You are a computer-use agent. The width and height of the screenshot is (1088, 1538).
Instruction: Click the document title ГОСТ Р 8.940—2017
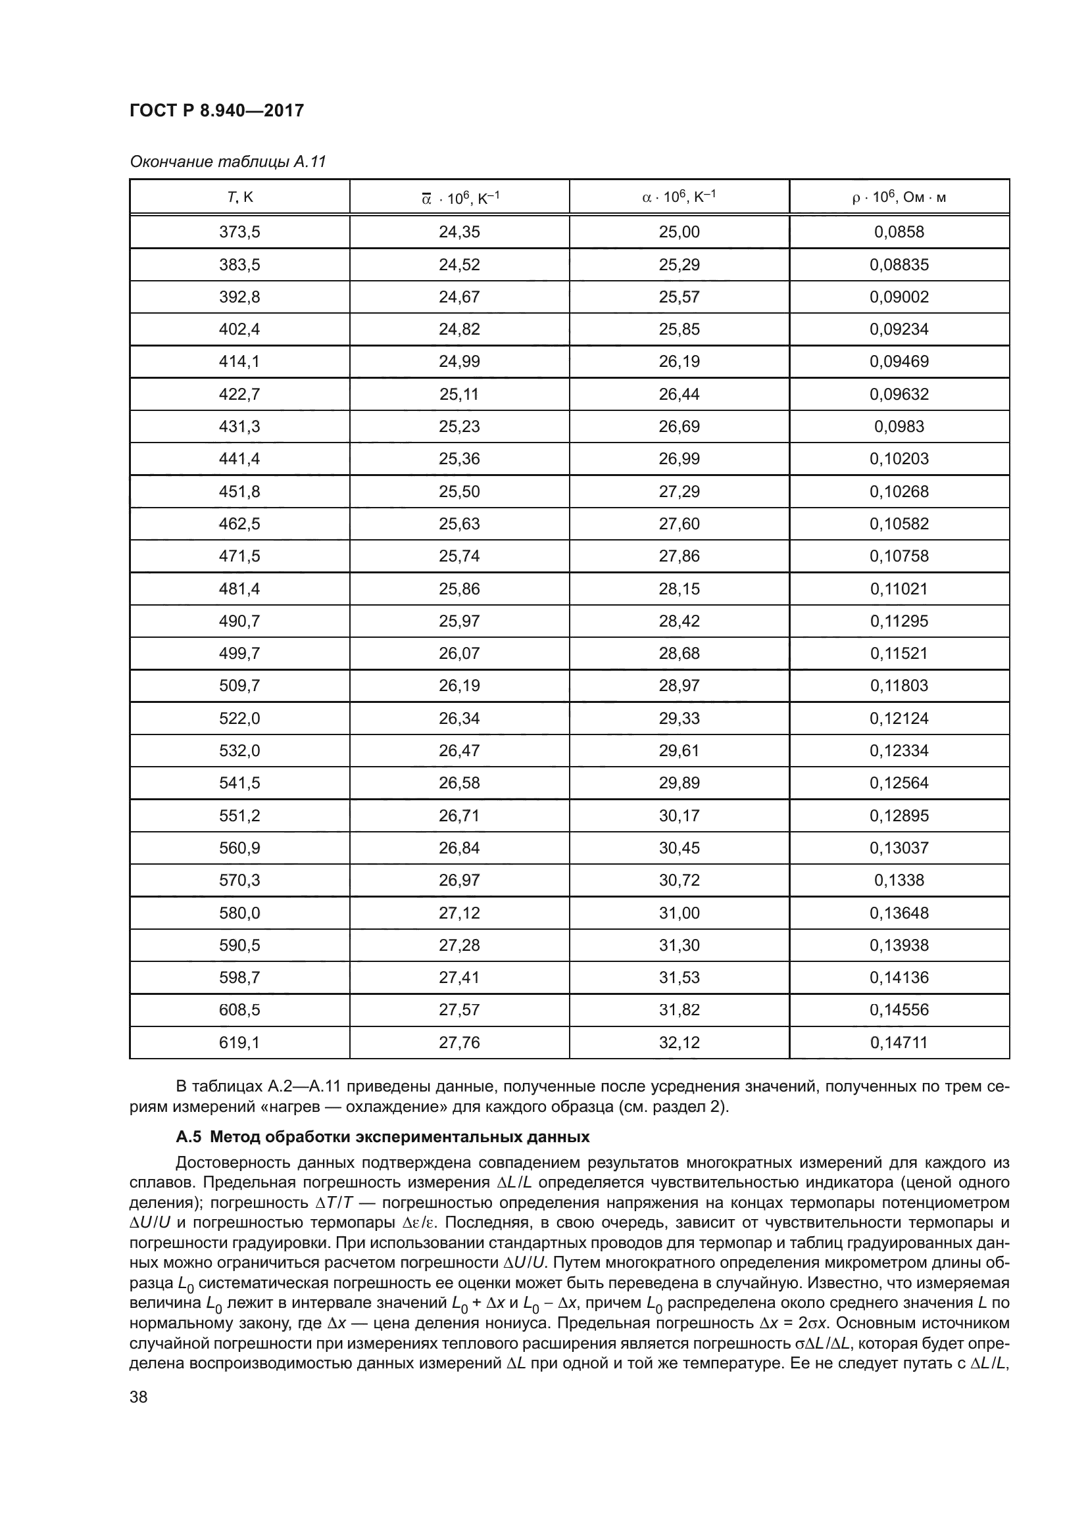(x=216, y=110)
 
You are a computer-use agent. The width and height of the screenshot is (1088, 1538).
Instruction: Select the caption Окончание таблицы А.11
(x=228, y=162)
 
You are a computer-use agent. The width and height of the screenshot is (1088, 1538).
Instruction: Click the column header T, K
(x=239, y=197)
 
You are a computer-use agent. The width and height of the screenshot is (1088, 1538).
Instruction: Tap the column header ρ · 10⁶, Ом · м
(x=899, y=197)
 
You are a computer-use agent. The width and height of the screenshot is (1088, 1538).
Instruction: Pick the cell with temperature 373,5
(x=239, y=231)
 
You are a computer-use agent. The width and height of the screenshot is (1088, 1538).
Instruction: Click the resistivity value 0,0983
(x=899, y=426)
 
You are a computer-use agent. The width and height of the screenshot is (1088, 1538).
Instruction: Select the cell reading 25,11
(x=459, y=394)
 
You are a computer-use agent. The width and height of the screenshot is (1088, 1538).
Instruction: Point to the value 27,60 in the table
(x=679, y=523)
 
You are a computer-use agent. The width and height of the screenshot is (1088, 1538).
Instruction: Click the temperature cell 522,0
(x=239, y=718)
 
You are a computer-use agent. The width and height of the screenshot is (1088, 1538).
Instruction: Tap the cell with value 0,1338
(x=899, y=880)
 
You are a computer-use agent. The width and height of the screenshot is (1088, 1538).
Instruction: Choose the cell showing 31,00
(x=679, y=913)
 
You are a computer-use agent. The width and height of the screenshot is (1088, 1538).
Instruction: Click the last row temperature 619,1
(x=239, y=1042)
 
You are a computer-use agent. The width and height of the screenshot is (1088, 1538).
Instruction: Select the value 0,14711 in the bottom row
(x=899, y=1042)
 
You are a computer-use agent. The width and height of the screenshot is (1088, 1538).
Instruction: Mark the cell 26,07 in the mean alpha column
(x=459, y=653)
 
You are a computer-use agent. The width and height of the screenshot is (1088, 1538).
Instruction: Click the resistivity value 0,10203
(x=899, y=459)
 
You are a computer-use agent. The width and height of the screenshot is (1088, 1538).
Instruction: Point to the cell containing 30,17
(x=679, y=815)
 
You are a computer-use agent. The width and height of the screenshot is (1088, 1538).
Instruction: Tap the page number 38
(x=139, y=1397)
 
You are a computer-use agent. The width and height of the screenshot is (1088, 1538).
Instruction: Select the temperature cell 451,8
(x=239, y=491)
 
